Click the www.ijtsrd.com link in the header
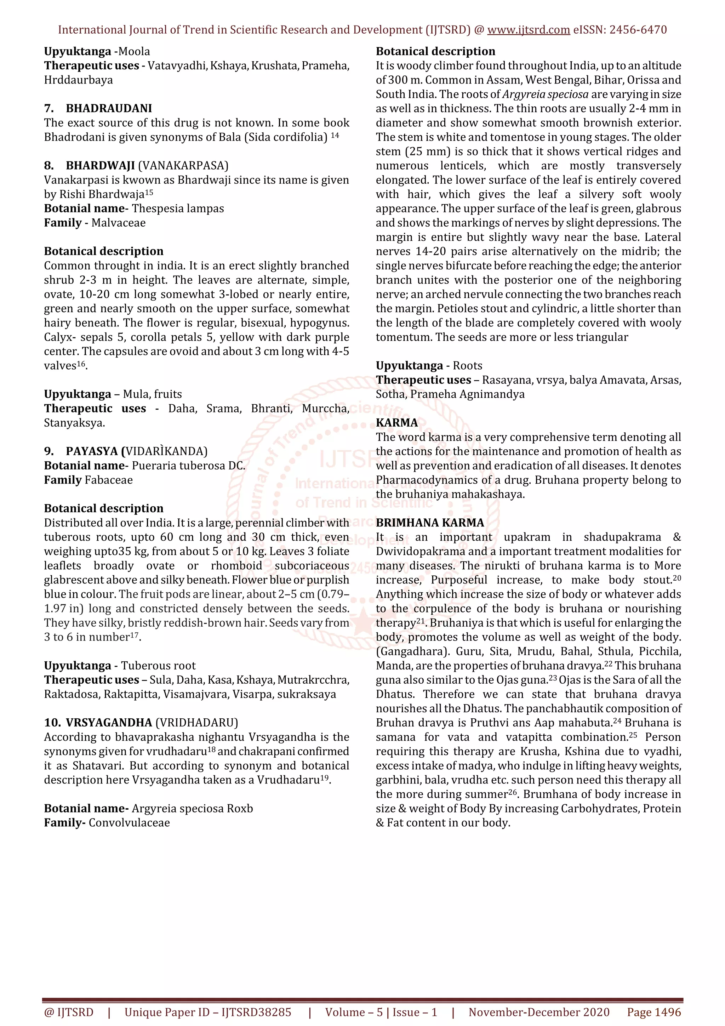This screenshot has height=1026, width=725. (528, 30)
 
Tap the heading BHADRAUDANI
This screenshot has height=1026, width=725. (109, 109)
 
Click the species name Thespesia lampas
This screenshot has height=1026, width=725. (178, 209)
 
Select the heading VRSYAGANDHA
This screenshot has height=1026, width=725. (109, 723)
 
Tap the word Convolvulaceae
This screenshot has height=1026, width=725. (129, 823)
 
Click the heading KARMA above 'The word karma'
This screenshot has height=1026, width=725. (397, 423)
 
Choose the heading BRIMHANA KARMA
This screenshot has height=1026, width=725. (430, 523)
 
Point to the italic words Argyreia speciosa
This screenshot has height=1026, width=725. (545, 94)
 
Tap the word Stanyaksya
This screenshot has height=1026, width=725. (74, 423)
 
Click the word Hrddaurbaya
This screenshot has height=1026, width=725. (78, 80)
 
